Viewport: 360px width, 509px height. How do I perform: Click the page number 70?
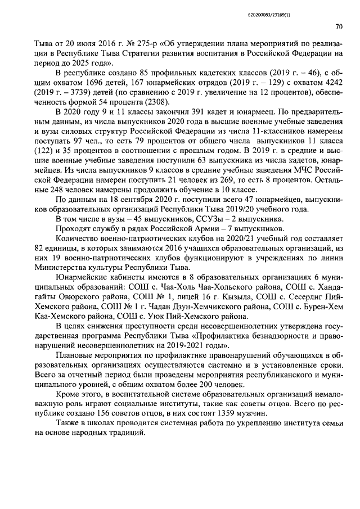[339, 26]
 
